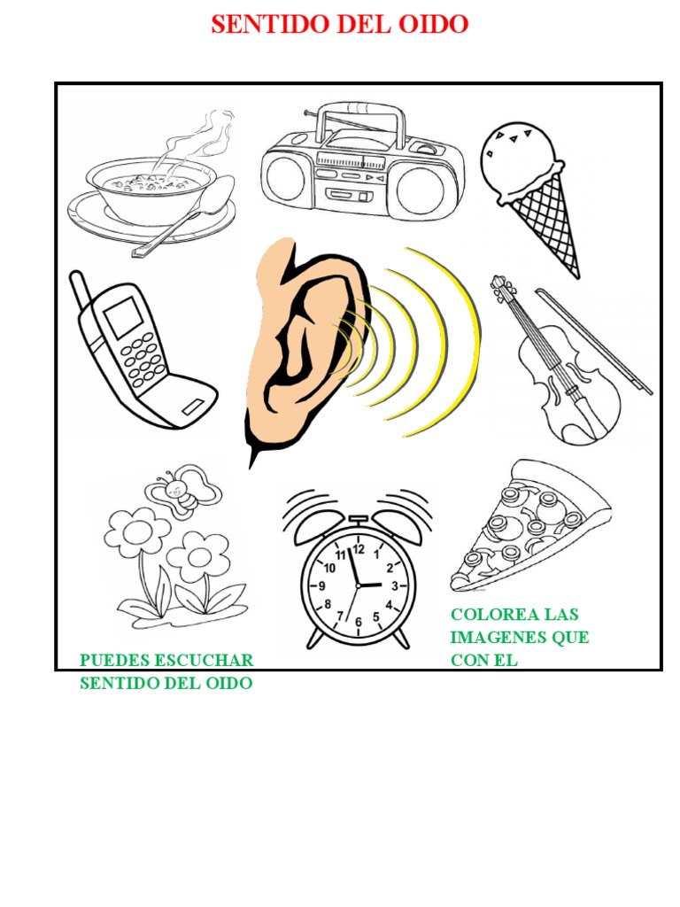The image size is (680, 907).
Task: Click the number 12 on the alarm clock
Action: (x=358, y=549)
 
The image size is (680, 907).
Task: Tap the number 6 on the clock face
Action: (x=359, y=623)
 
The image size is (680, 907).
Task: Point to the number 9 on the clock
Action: (x=322, y=586)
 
